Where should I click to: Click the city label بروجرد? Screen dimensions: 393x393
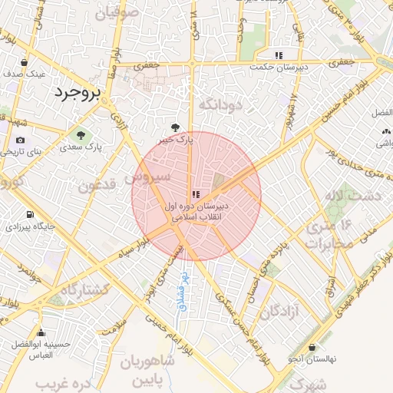coord(78,94)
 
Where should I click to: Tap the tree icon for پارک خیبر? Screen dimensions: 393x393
coord(177,127)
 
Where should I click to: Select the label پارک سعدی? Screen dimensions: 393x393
coord(83,145)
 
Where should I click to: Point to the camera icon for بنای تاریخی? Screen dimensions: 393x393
coord(20,140)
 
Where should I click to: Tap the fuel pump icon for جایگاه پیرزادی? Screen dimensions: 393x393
coord(29,215)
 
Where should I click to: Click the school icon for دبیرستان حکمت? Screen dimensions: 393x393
coord(279,55)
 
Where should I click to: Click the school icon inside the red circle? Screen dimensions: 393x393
coord(196,193)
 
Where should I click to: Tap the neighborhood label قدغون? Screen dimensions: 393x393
coord(97,185)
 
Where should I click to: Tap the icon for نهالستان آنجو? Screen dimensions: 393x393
coord(312,347)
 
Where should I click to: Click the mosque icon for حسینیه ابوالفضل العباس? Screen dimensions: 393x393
coord(41,333)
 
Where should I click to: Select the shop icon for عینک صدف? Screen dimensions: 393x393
coord(26,63)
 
